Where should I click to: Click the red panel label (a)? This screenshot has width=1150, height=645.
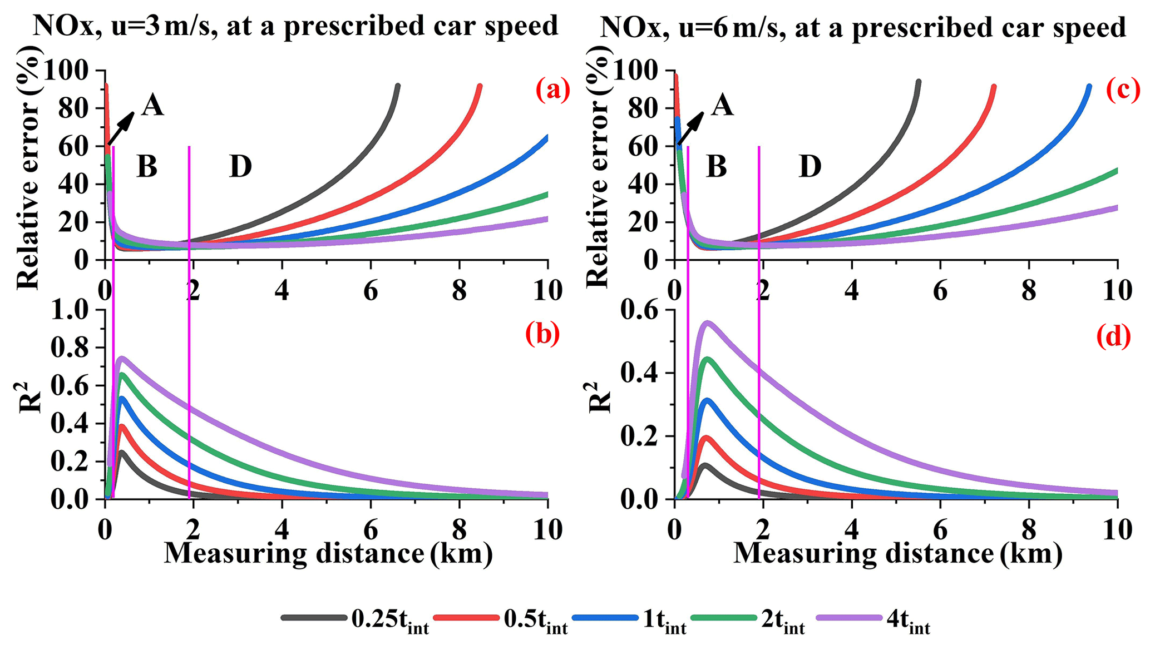coord(552,90)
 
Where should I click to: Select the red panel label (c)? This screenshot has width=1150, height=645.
coord(1123,90)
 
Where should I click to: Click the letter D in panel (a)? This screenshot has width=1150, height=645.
coord(240,167)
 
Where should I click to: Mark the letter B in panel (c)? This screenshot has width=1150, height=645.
coord(716,167)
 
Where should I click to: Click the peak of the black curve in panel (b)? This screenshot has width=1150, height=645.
coord(122,451)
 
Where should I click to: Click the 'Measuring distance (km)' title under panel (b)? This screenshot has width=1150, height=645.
coord(328,553)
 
